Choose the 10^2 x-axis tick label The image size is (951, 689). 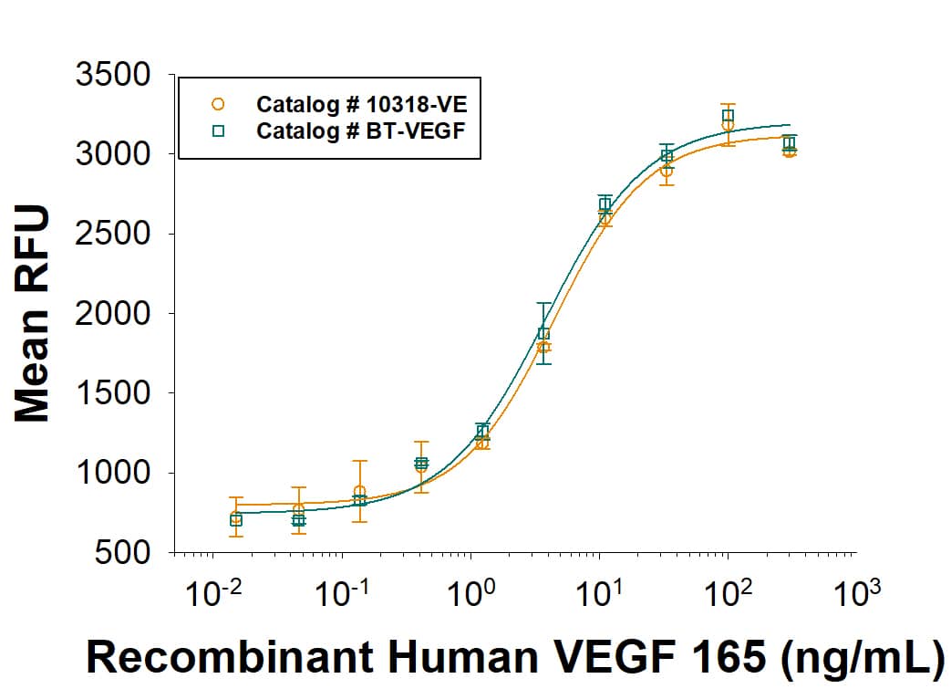click(x=728, y=598)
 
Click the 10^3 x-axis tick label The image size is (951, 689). click(x=856, y=598)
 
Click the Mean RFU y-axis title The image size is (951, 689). click(x=33, y=314)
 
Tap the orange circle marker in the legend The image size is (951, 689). click(x=218, y=103)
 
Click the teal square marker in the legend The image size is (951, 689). click(x=218, y=130)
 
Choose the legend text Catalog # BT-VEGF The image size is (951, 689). click(x=362, y=130)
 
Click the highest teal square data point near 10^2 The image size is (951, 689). click(x=728, y=116)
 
